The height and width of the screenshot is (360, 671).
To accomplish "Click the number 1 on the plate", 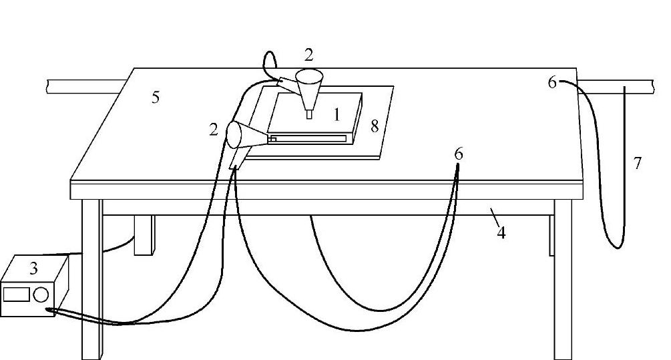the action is [x=337, y=115].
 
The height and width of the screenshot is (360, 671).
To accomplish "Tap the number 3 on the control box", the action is [x=33, y=268].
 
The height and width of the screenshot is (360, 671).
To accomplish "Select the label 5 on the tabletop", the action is [x=155, y=98].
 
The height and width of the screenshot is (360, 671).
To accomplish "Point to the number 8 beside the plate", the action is [x=375, y=125].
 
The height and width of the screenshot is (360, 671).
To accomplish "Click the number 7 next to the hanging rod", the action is [x=638, y=162].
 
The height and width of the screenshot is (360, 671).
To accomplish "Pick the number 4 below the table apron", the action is [x=501, y=233].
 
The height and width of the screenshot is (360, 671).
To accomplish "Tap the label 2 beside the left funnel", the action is [x=213, y=130].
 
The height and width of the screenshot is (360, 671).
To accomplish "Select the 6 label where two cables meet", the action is [x=458, y=154].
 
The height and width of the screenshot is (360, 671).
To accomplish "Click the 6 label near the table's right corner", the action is [x=551, y=83].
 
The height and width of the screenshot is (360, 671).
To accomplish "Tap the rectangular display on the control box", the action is [x=16, y=294].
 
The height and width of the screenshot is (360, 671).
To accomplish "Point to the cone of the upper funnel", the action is [x=308, y=87].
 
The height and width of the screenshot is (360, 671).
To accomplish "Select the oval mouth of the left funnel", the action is [x=234, y=135].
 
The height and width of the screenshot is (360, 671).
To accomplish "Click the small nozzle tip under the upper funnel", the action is [x=309, y=114].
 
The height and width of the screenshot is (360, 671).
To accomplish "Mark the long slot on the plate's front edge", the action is [x=310, y=138].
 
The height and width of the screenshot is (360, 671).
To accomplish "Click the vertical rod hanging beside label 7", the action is [x=625, y=160].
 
